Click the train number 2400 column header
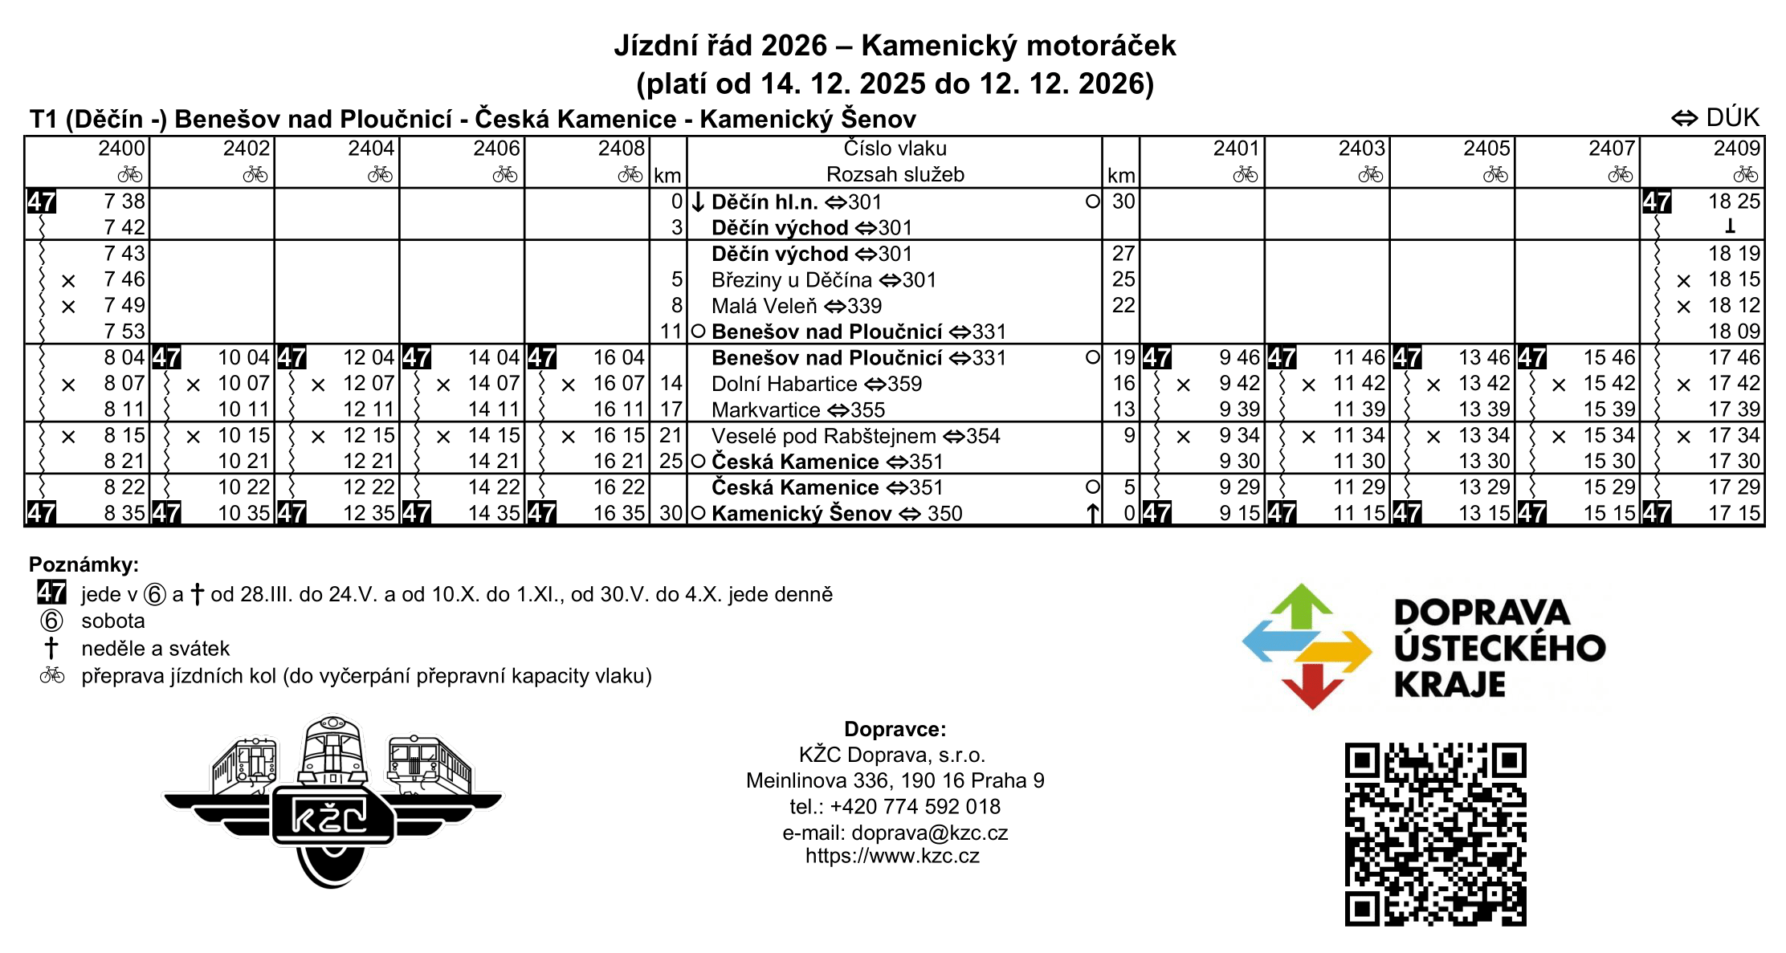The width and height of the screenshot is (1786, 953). [x=121, y=149]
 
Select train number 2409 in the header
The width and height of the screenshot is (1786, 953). [x=1736, y=149]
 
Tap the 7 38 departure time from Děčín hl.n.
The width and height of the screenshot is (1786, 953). [x=124, y=202]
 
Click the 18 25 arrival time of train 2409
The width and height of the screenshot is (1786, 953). [x=1734, y=202]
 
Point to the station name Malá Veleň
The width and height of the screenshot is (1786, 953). [x=764, y=306]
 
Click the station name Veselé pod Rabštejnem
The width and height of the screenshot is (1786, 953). [x=823, y=436]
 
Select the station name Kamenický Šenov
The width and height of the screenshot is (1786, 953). [x=801, y=514]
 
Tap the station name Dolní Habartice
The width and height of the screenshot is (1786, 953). [x=784, y=384]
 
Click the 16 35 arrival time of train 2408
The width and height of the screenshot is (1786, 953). [x=619, y=514]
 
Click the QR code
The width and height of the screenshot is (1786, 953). [x=1435, y=834]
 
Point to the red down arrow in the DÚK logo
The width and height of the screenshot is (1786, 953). [x=1312, y=686]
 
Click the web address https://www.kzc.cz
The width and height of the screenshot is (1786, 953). [x=892, y=856]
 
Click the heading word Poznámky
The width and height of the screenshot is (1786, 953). [x=84, y=564]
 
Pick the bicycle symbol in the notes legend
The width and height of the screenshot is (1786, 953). [x=52, y=675]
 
